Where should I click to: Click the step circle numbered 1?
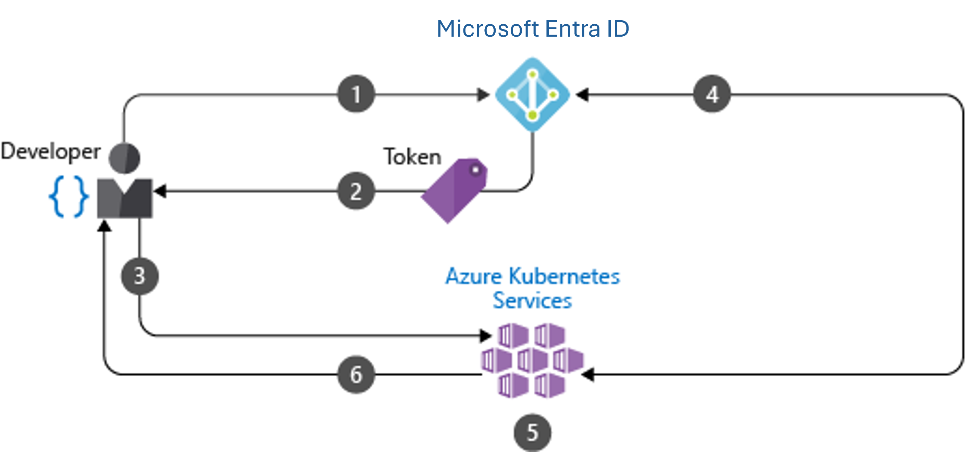(356, 94)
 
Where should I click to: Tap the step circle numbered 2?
(356, 191)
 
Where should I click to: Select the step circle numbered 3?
(139, 276)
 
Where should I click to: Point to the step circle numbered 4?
(712, 94)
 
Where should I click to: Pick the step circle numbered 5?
(533, 432)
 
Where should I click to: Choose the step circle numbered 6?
(356, 374)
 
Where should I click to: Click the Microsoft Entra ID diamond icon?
(533, 95)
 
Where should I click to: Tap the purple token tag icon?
(455, 190)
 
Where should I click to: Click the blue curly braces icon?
(69, 197)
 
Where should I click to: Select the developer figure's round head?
(124, 158)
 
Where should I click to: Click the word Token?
(412, 157)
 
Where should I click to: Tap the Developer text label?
(51, 151)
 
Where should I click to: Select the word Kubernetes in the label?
(564, 277)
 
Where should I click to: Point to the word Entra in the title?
(572, 29)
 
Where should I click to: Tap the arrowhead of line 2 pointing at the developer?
(160, 191)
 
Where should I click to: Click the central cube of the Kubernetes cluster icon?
(533, 361)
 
